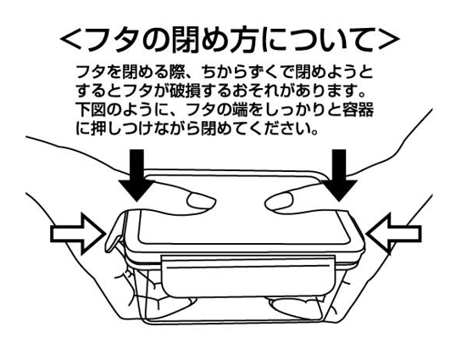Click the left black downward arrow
pos(136,174)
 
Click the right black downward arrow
pos(339,174)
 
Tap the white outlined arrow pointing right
pos(78,233)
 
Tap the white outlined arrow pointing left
pos(393,233)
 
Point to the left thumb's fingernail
pos(200,201)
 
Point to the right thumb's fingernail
pos(279,201)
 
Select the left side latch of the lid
pos(116,232)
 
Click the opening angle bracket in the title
pos(71,39)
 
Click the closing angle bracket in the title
pos(388,39)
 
